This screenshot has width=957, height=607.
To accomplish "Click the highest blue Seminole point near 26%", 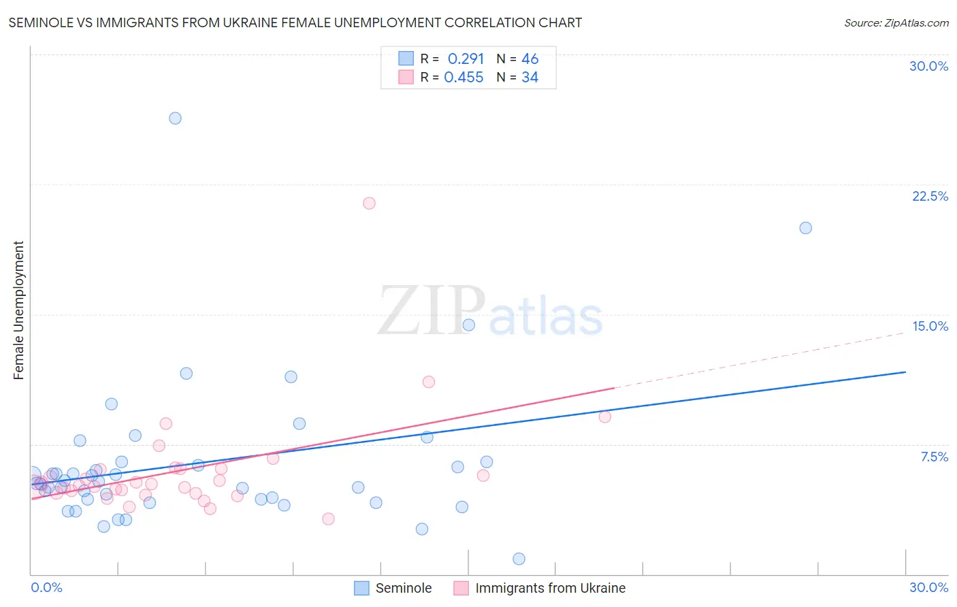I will click(175, 118).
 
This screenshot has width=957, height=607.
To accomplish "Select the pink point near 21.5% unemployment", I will click(369, 203).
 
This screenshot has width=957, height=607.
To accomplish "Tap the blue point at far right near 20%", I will click(805, 228).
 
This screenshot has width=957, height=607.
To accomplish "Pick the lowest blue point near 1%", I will click(519, 559).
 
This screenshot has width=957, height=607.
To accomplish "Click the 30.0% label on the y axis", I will click(928, 66).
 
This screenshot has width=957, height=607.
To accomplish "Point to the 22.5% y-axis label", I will click(930, 196).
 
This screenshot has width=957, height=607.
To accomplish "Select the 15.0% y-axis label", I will click(930, 326).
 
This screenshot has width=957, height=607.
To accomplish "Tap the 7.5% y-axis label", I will click(934, 457).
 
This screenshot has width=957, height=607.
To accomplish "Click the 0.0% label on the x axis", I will click(46, 587).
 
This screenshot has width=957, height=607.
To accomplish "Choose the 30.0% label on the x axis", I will click(928, 587).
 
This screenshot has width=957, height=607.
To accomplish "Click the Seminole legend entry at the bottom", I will click(403, 588).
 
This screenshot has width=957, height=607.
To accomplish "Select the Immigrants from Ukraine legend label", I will click(550, 588).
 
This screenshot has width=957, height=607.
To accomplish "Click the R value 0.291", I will click(466, 59).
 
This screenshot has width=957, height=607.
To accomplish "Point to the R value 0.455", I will click(464, 78).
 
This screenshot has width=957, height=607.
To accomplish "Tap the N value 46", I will click(530, 59).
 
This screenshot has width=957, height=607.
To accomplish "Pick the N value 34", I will click(530, 78).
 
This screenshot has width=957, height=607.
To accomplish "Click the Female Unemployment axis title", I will click(18, 310).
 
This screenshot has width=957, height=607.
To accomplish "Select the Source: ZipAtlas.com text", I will click(896, 22).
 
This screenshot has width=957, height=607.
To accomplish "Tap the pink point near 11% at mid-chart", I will click(428, 382).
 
